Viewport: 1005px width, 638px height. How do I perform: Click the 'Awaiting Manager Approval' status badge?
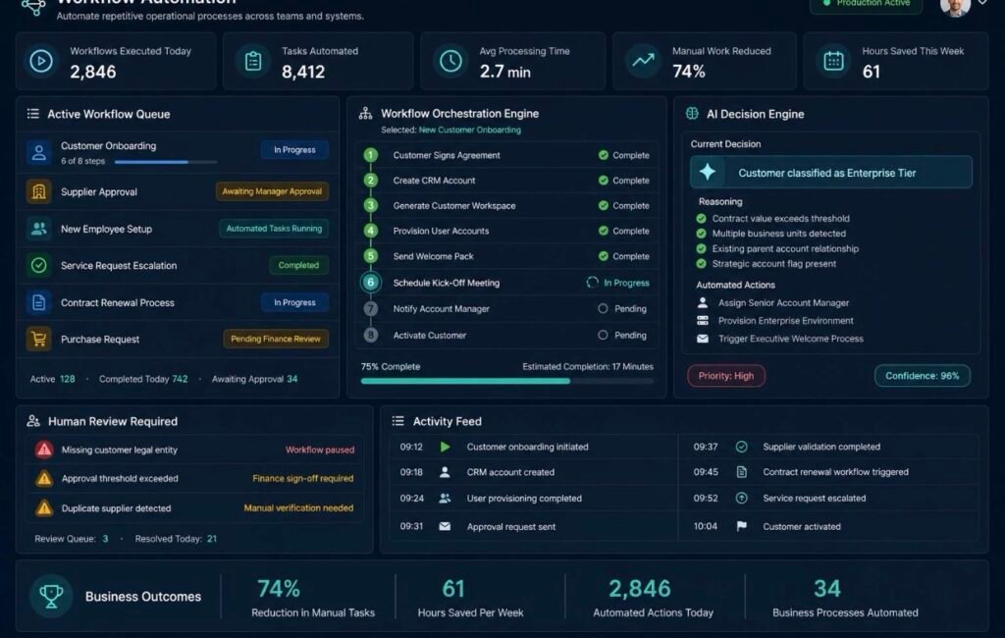coord(272,191)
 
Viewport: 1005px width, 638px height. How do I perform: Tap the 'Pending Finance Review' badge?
coord(276,339)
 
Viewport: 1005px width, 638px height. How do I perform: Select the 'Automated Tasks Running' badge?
coord(274,229)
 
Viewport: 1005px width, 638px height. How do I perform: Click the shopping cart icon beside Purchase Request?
coord(39,339)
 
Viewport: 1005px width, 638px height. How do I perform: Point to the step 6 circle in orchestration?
coord(370,282)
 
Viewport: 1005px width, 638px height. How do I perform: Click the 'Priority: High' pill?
coord(726,376)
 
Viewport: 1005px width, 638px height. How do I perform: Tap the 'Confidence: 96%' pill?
coord(923,376)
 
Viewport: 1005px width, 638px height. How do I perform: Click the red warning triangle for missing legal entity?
coord(44,450)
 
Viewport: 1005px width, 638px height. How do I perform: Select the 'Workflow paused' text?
coord(320,451)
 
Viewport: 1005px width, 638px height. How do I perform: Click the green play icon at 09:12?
coord(445,447)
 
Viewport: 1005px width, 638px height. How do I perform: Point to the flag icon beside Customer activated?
coord(742,526)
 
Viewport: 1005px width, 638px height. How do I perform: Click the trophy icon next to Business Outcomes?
coord(51,596)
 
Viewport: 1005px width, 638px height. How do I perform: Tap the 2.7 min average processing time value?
coord(505,72)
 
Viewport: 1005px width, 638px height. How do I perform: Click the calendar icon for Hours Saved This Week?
coord(833,61)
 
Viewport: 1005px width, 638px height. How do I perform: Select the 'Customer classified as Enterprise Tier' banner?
coord(830,173)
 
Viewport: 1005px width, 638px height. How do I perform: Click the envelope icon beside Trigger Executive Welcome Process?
coord(703,339)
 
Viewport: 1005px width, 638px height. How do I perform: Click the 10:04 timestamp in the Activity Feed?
coord(705,526)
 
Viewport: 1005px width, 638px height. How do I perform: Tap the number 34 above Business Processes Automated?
coord(826,589)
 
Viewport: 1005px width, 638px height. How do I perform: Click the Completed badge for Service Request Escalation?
coord(298,265)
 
